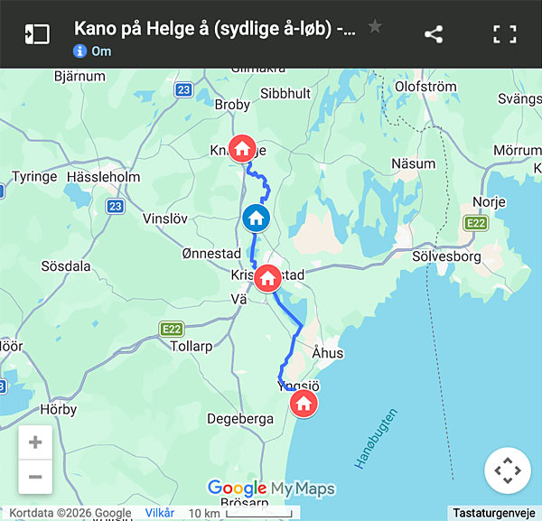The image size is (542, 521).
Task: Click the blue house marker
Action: [256, 218]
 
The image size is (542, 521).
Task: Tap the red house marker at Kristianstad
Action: [267, 277]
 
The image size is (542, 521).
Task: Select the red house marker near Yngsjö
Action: [304, 403]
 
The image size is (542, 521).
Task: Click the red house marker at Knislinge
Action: [242, 147]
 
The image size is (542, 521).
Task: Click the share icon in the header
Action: [434, 34]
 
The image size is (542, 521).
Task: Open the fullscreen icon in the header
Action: [504, 34]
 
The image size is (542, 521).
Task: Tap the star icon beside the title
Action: [375, 27]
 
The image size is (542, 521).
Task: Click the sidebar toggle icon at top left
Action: [37, 34]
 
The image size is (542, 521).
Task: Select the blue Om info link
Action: [93, 51]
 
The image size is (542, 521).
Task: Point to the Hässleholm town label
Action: [103, 177]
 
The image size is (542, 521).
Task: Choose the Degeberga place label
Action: [240, 418]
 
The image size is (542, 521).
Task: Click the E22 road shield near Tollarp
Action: [171, 329]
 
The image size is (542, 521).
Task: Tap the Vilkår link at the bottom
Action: [160, 512]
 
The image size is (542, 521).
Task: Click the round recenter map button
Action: [507, 470]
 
